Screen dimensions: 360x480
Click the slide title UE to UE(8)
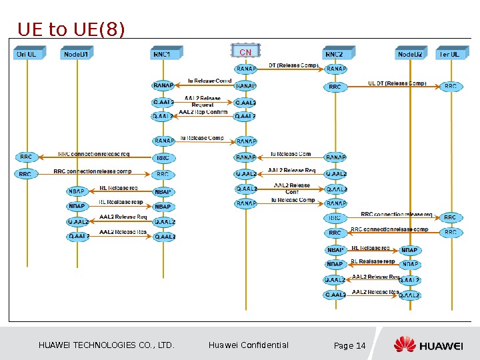pyautogui.click(x=71, y=29)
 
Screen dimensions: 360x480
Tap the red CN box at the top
pyautogui.click(x=245, y=52)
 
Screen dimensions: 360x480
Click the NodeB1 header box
pyautogui.click(x=75, y=53)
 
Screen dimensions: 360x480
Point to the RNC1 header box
pyautogui.click(x=163, y=53)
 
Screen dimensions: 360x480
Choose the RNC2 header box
pyautogui.click(x=334, y=53)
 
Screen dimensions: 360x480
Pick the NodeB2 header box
pyautogui.click(x=410, y=53)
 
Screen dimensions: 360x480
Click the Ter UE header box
pyautogui.click(x=450, y=53)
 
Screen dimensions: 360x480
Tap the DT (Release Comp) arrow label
pyautogui.click(x=293, y=65)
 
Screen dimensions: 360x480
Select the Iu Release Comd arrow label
pyautogui.click(x=209, y=81)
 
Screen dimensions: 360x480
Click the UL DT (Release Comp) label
pyautogui.click(x=397, y=83)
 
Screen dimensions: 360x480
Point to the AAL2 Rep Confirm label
pyautogui.click(x=203, y=112)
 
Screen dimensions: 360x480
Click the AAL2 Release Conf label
pyautogui.click(x=292, y=189)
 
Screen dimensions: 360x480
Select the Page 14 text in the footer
pyautogui.click(x=349, y=345)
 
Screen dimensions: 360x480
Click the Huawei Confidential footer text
pyautogui.click(x=249, y=345)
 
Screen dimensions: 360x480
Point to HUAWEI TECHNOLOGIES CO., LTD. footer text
pyautogui.click(x=107, y=345)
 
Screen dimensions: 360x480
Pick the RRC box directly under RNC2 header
pyautogui.click(x=335, y=87)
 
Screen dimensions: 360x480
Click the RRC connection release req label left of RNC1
pyautogui.click(x=94, y=154)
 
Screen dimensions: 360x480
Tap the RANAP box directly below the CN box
pyautogui.click(x=245, y=68)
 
